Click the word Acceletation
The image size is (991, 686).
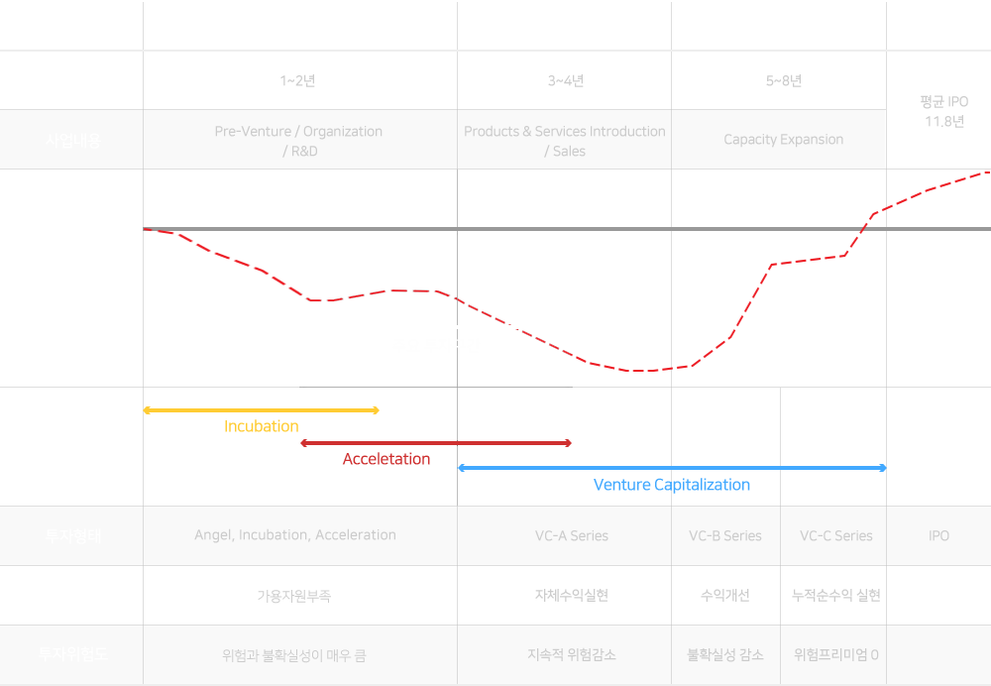tap(386, 459)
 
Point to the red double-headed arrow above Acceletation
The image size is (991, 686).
tap(436, 443)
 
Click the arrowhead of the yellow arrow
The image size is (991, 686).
tap(375, 409)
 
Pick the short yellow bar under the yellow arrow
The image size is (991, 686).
tap(262, 425)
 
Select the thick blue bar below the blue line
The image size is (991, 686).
tap(672, 485)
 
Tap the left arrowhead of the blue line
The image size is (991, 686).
tap(461, 468)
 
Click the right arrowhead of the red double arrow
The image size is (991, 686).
tap(568, 443)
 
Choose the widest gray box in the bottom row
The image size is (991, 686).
tap(293, 607)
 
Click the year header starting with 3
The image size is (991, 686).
tap(566, 81)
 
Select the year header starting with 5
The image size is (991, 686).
tap(784, 81)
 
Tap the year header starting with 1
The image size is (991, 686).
tap(298, 81)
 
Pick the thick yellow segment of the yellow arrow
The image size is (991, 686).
tap(221, 409)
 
